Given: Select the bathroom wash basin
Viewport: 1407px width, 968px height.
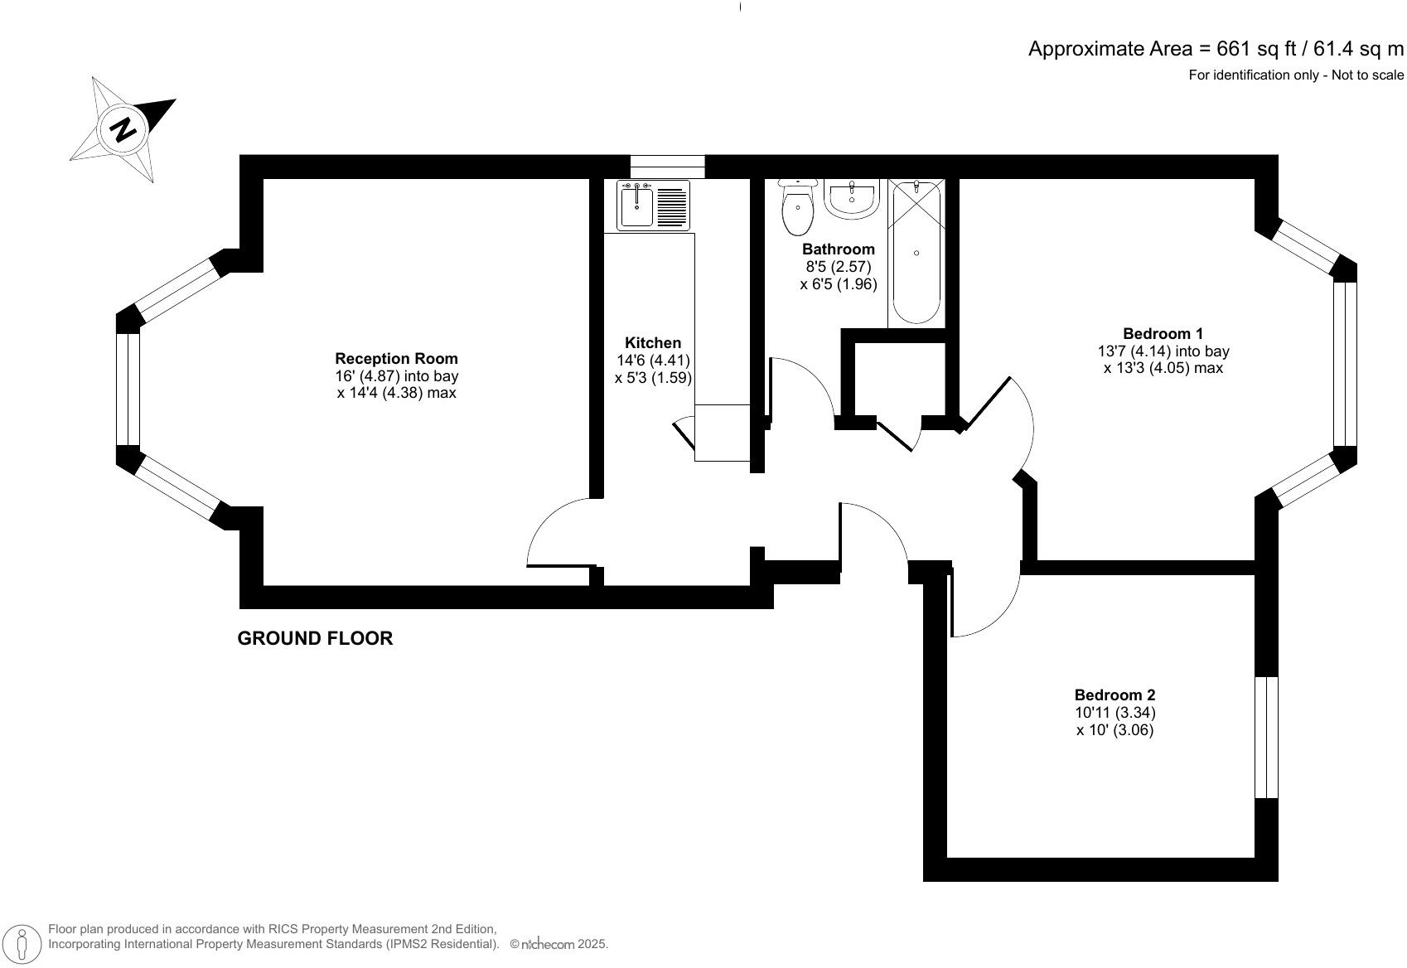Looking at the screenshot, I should tap(851, 201).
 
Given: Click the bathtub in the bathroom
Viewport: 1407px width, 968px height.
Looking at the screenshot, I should tap(916, 253).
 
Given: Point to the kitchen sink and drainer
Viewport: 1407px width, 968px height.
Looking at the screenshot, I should tap(653, 205).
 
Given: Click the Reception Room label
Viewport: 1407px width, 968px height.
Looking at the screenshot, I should tap(396, 359).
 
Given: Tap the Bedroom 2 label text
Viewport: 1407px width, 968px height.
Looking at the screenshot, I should tap(1114, 695).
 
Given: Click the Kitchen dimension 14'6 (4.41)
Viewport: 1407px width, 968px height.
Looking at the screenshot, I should tap(653, 361).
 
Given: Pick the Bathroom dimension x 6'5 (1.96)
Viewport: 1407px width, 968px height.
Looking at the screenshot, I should tap(838, 284).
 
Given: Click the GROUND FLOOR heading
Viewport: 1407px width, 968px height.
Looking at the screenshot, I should tap(315, 638).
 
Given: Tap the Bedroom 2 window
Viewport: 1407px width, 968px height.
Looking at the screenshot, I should tap(1266, 737).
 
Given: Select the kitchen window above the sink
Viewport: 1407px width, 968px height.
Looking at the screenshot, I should tap(667, 167).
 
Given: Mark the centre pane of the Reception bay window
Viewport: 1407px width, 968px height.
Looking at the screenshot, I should tap(128, 389).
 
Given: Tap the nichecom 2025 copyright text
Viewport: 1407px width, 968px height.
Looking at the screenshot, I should tap(558, 944).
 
